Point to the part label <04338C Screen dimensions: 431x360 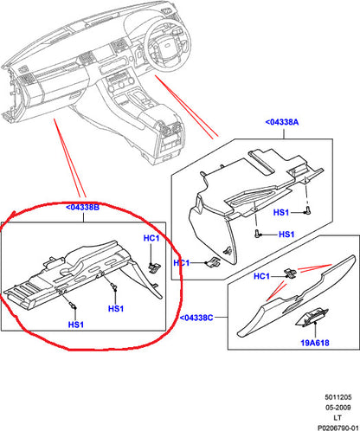pos(202,318)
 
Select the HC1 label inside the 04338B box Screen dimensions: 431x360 pos(151,238)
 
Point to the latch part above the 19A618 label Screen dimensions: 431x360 pos(309,322)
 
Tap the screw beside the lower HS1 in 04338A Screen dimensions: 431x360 pos(259,233)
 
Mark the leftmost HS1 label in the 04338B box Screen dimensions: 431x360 pos(75,324)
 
